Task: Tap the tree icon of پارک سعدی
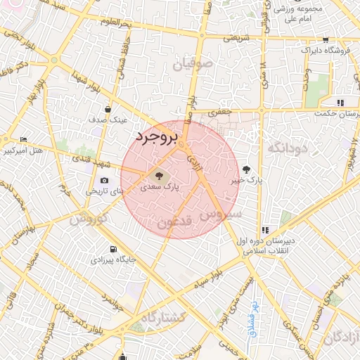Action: [x=157, y=174]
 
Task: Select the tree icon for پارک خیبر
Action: [x=246, y=169]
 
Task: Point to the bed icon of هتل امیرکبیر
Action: [x=25, y=139]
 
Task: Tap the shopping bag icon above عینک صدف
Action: [x=108, y=109]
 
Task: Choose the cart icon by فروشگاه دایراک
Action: [x=325, y=40]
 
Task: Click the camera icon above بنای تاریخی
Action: [x=104, y=180]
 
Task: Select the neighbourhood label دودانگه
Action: [x=289, y=148]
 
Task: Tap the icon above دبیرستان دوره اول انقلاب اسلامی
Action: [x=265, y=230]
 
